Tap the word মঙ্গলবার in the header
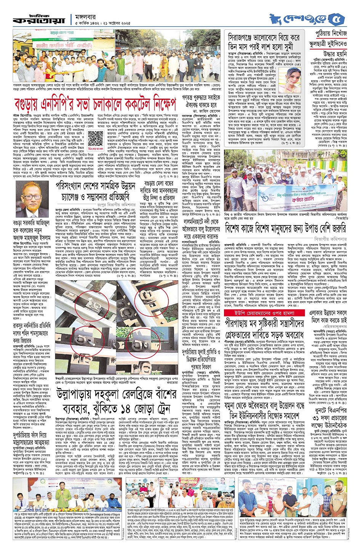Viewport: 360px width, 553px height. (x=86, y=17)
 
